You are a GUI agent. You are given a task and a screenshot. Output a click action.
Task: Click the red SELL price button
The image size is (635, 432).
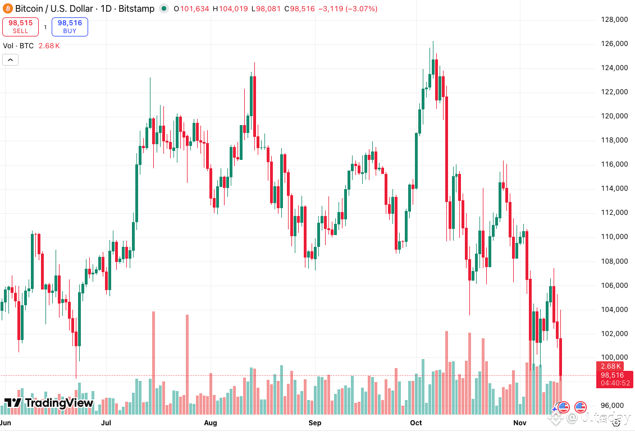[x=20, y=26]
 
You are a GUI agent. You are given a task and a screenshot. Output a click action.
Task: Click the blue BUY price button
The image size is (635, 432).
[x=70, y=26]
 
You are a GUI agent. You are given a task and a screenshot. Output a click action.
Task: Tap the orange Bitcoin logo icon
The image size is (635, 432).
[x=7, y=8]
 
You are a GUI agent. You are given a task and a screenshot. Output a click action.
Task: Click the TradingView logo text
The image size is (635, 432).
[x=49, y=403]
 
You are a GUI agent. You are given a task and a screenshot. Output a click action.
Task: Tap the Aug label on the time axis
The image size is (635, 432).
[x=211, y=422]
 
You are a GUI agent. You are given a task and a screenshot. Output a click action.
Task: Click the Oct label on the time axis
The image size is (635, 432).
[x=416, y=422]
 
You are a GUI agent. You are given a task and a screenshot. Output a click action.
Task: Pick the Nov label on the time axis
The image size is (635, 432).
[x=520, y=422]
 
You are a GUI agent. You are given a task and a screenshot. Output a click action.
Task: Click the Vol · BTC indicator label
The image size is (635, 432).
[x=19, y=46]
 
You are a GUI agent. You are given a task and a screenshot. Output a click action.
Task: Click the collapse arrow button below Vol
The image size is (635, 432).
[x=10, y=59]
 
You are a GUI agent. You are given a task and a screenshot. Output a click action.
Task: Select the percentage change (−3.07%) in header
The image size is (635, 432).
[x=360, y=9]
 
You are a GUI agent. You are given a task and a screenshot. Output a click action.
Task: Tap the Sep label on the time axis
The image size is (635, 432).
[x=314, y=422]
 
